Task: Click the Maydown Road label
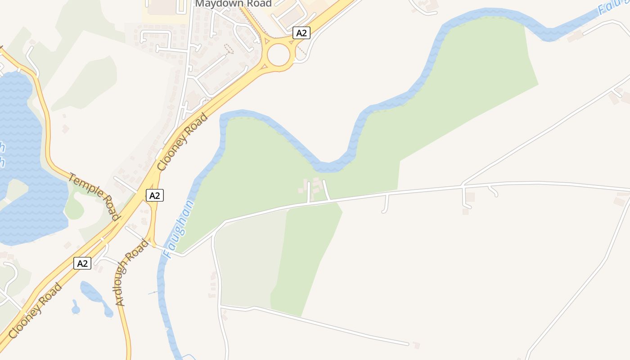click(x=233, y=4)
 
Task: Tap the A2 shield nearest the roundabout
click(x=301, y=33)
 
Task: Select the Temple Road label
click(x=94, y=196)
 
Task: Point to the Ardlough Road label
click(x=131, y=273)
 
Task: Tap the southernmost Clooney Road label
click(x=35, y=311)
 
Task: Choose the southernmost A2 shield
click(x=82, y=263)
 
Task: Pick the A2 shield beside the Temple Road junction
click(x=154, y=195)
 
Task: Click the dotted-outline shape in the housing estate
click(x=229, y=48)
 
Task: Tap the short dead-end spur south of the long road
click(x=385, y=203)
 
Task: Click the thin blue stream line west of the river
click(x=153, y=293)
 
